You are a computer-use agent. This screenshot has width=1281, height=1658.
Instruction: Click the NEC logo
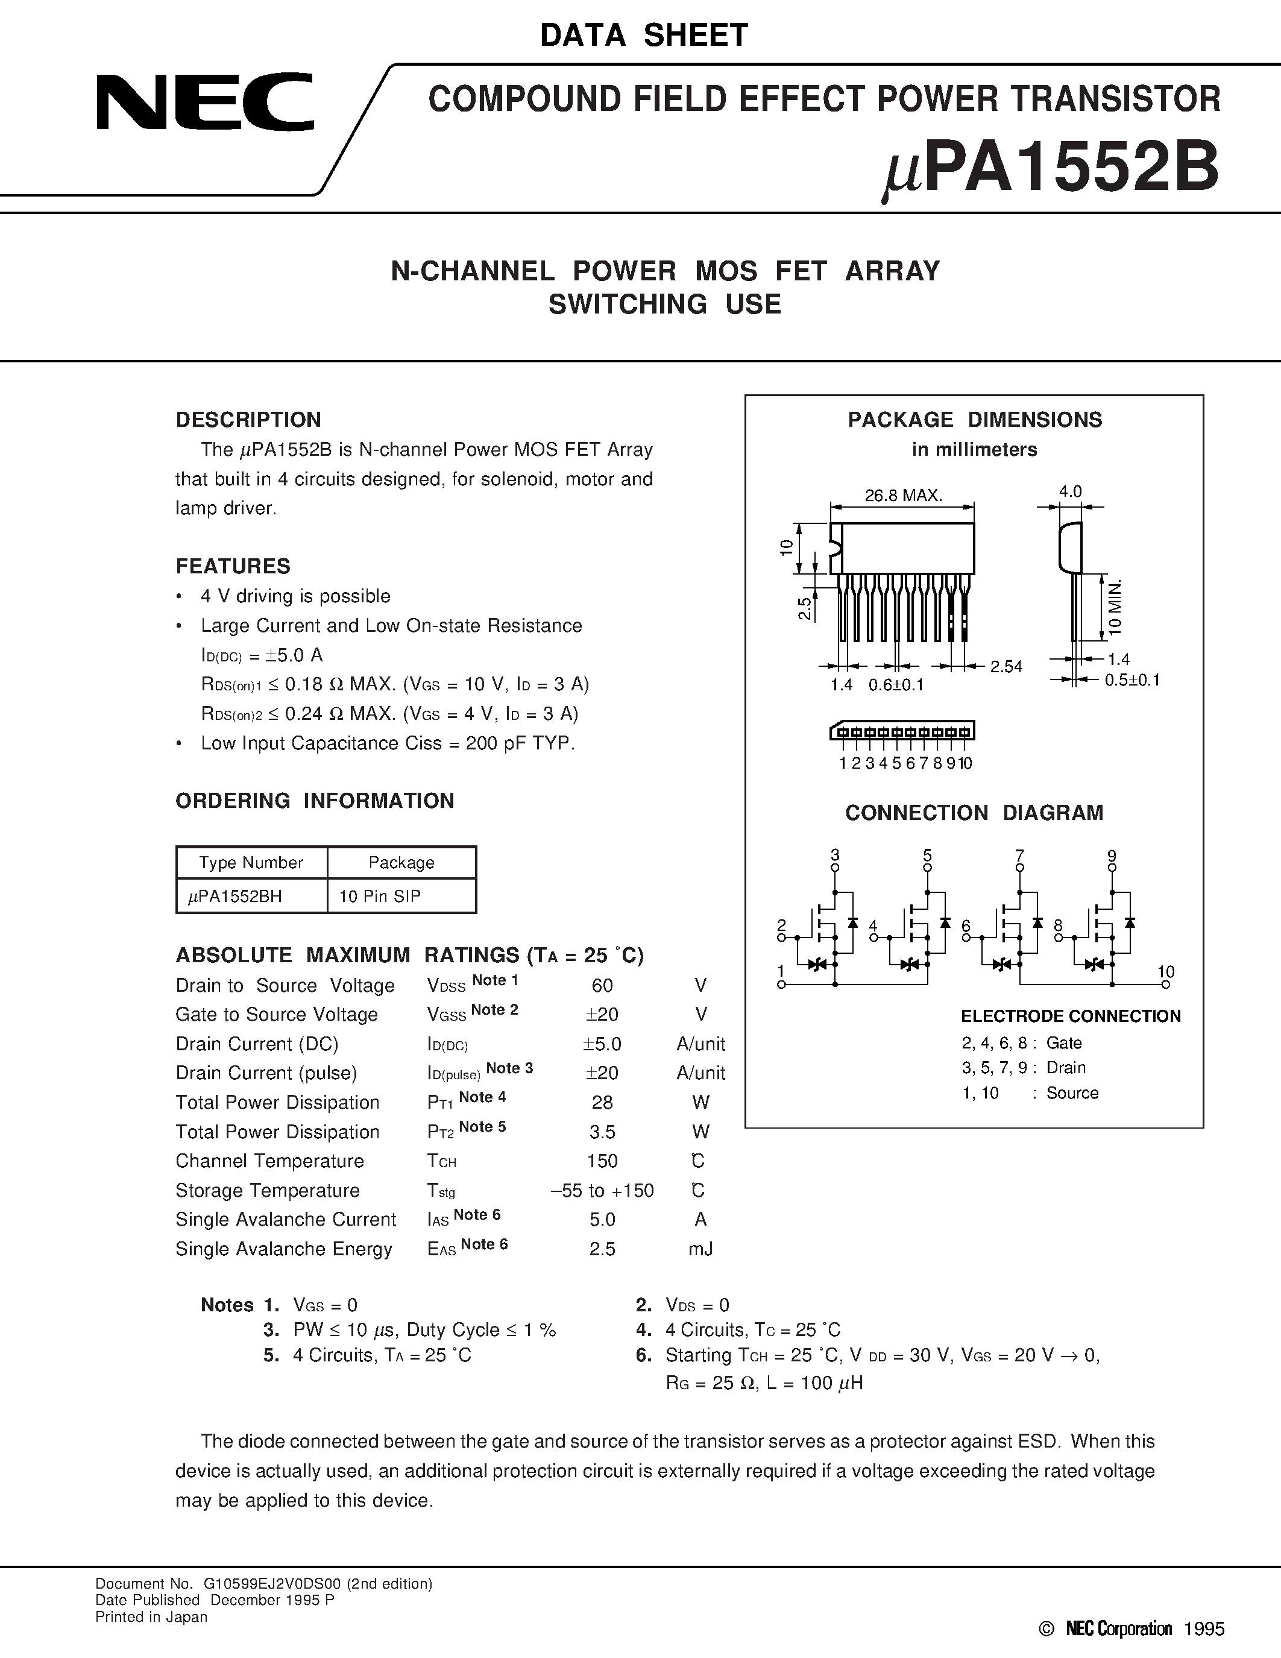(204, 102)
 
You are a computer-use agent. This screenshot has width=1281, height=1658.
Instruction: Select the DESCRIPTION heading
(248, 420)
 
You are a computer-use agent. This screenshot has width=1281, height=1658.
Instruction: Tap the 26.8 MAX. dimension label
(903, 496)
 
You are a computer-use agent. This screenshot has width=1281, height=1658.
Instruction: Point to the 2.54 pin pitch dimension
(1006, 667)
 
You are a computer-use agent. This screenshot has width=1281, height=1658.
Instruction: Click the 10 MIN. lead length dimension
(1114, 607)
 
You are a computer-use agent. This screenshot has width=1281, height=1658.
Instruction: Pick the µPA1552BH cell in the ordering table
(234, 896)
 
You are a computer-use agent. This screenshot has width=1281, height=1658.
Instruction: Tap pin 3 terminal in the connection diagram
(835, 867)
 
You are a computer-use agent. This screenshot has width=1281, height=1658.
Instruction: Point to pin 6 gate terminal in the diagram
(966, 938)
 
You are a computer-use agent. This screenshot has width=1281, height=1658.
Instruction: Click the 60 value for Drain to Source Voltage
(602, 985)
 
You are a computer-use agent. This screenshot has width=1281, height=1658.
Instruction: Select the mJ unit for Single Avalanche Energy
(700, 1249)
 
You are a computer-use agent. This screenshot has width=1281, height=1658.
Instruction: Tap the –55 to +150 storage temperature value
(602, 1190)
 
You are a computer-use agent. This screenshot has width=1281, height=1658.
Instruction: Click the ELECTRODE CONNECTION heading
(1070, 1016)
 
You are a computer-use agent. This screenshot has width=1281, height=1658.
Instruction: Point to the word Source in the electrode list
(1072, 1092)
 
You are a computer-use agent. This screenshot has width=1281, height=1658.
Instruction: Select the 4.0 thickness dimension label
(1070, 491)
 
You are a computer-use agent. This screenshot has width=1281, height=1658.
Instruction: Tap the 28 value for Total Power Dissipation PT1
(602, 1102)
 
